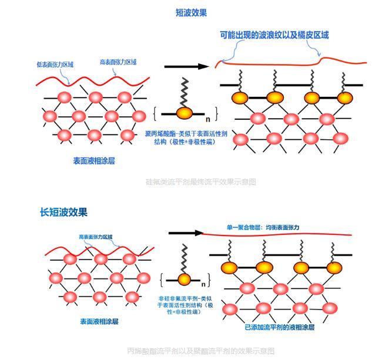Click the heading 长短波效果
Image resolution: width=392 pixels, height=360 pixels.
tap(63, 212)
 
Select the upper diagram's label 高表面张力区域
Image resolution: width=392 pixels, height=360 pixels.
tap(118, 62)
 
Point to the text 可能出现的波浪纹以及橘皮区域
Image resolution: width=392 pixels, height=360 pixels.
tap(274, 35)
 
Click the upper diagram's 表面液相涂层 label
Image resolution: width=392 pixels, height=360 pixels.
tap(94, 160)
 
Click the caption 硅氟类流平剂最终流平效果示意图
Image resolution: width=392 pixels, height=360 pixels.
tap(200, 182)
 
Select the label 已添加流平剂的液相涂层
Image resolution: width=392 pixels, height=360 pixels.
tap(280, 327)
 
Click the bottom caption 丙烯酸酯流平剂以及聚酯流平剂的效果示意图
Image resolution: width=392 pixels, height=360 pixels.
tap(200, 351)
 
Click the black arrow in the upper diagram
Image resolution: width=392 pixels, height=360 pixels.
tap(186, 66)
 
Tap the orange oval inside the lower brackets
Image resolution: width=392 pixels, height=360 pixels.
tap(185, 279)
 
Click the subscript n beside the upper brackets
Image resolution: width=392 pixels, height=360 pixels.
tap(207, 119)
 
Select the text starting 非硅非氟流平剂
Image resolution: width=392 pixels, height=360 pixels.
tap(186, 305)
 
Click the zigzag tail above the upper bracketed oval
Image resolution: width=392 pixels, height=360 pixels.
tap(184, 92)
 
